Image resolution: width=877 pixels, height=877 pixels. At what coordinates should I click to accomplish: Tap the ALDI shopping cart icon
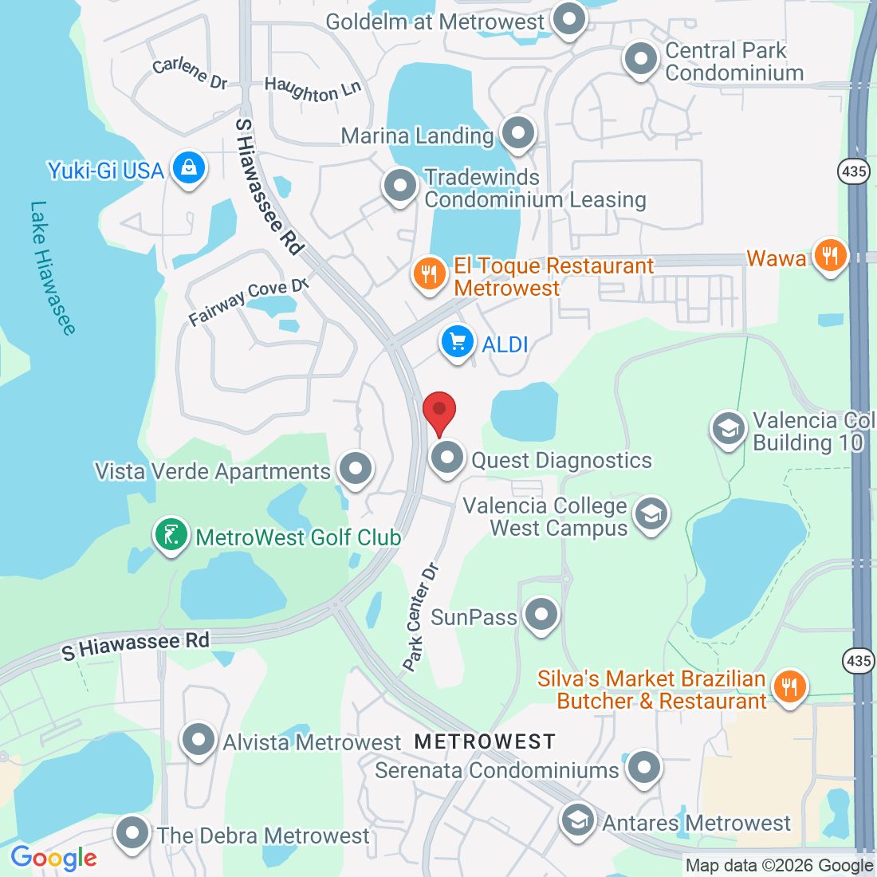[458, 343]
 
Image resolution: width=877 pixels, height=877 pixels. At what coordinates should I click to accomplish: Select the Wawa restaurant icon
[831, 256]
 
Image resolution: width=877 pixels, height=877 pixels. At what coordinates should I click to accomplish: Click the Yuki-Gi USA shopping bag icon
[189, 168]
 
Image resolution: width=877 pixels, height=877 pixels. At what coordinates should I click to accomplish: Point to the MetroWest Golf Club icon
[171, 535]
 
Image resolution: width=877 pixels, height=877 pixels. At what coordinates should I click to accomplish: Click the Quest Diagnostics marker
[447, 458]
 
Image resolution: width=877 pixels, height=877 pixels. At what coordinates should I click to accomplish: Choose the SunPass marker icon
[542, 615]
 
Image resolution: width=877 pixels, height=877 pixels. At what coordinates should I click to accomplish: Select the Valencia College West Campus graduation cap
[651, 514]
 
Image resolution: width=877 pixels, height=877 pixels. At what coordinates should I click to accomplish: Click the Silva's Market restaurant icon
[789, 686]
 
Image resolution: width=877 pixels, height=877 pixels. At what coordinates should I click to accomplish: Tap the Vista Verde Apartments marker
[356, 468]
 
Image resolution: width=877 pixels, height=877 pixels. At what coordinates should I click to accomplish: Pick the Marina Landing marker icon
[518, 133]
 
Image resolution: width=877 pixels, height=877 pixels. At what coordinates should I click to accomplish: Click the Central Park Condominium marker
[640, 59]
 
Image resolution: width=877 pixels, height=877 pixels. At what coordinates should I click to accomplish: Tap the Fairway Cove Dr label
[248, 301]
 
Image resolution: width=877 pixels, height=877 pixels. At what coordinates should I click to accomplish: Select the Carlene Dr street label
[190, 72]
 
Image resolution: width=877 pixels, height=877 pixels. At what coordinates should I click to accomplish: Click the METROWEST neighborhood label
[485, 741]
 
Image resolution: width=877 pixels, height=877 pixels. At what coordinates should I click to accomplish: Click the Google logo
[53, 858]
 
